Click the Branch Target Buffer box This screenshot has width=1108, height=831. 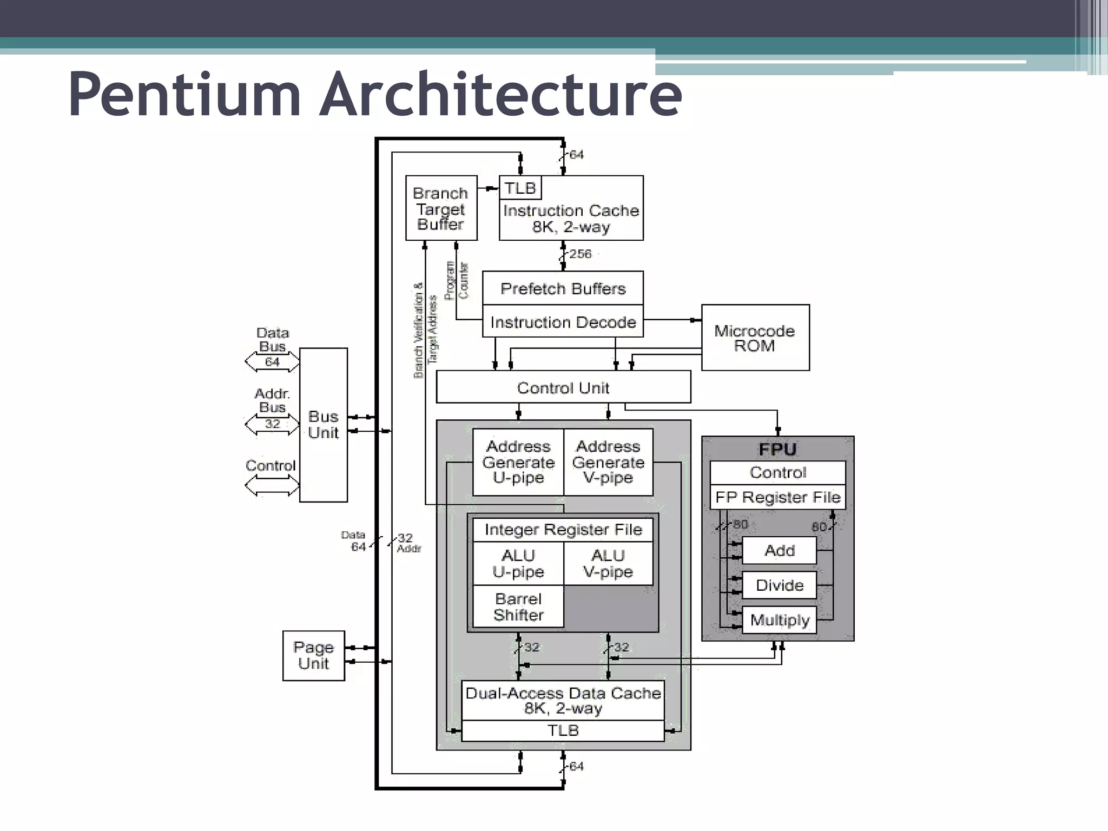pyautogui.click(x=441, y=208)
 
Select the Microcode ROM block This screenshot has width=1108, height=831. pyautogui.click(x=755, y=338)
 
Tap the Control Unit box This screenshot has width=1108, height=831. pyautogui.click(x=563, y=387)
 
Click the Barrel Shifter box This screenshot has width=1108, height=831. pyautogui.click(x=518, y=606)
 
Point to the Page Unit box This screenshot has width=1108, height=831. pyautogui.click(x=313, y=655)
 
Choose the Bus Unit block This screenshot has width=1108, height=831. pyautogui.click(x=323, y=425)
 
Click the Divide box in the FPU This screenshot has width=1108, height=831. pyautogui.click(x=779, y=585)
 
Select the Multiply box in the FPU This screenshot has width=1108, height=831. pyautogui.click(x=779, y=620)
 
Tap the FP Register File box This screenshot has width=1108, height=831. pyautogui.click(x=777, y=497)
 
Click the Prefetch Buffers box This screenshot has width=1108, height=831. pyautogui.click(x=563, y=288)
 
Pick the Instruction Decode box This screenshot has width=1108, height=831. pyautogui.click(x=563, y=322)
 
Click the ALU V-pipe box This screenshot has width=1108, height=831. pyautogui.click(x=608, y=563)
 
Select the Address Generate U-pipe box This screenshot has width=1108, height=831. pyautogui.click(x=518, y=462)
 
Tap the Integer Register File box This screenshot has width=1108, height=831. pyautogui.click(x=563, y=529)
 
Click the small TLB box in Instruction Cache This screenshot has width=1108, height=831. pyautogui.click(x=520, y=188)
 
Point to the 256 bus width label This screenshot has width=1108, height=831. pyautogui.click(x=580, y=254)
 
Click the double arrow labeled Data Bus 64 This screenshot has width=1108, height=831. pyautogui.click(x=272, y=361)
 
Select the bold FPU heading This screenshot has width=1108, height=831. pyautogui.click(x=777, y=449)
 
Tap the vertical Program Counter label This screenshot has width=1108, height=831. pyautogui.click(x=456, y=280)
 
